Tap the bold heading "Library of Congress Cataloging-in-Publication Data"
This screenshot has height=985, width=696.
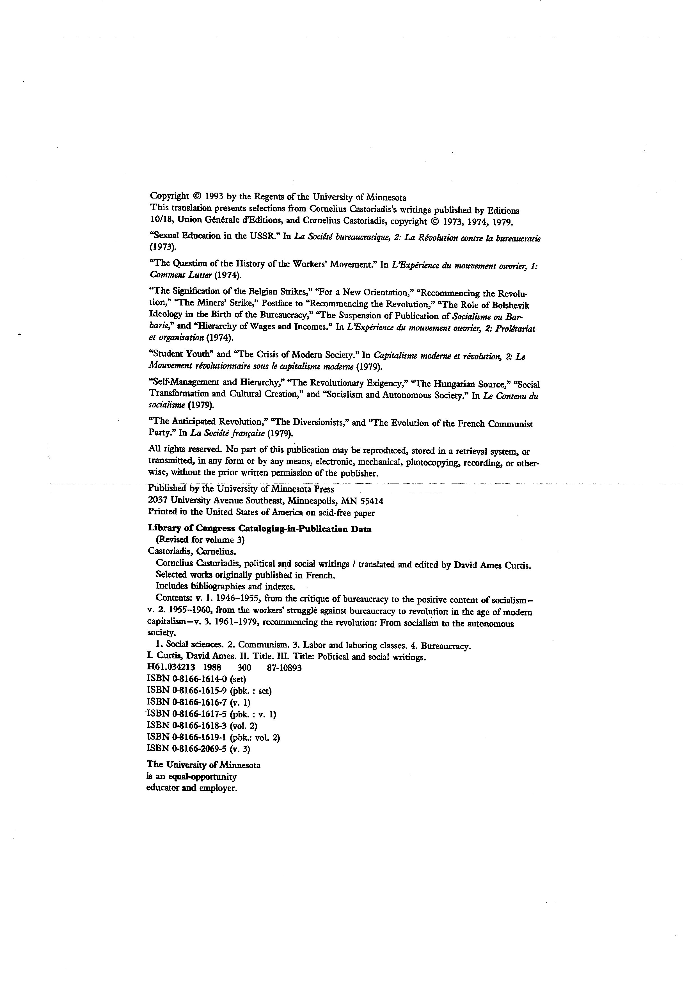(259, 529)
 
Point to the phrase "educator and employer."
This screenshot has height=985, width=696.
(192, 788)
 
